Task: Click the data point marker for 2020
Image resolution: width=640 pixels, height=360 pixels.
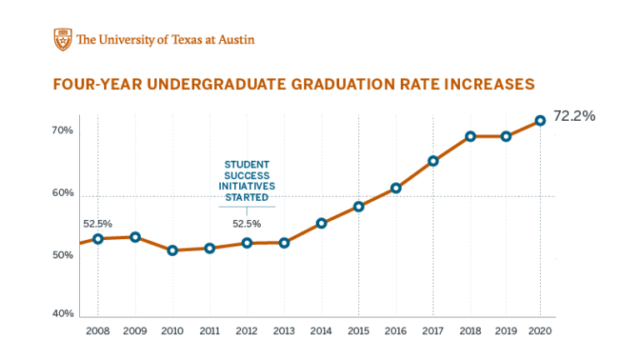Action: click(x=540, y=120)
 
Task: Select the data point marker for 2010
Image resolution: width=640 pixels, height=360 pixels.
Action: click(x=172, y=250)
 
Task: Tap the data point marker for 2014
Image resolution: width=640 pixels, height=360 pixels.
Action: click(x=322, y=223)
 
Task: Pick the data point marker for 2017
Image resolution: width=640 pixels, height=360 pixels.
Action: click(x=433, y=161)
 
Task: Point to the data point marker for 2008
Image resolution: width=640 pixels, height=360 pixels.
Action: click(x=98, y=238)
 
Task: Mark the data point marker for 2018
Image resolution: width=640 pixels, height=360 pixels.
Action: click(x=470, y=136)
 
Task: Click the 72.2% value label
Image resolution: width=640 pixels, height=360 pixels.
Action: click(x=574, y=116)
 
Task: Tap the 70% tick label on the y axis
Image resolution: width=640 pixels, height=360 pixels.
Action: click(x=62, y=131)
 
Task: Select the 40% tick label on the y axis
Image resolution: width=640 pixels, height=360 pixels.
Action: click(x=62, y=313)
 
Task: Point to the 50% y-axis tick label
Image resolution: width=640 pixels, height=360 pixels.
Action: click(x=62, y=255)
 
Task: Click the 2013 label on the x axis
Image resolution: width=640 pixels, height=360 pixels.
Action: click(x=284, y=331)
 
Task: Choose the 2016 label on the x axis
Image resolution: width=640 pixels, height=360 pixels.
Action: click(x=396, y=331)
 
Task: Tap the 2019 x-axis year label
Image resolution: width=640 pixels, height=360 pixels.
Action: click(x=506, y=331)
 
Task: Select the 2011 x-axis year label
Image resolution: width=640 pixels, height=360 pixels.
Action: click(x=210, y=331)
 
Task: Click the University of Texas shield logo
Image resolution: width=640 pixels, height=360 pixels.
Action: click(x=62, y=39)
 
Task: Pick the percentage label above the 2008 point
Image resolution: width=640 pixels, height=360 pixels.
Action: click(x=97, y=223)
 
